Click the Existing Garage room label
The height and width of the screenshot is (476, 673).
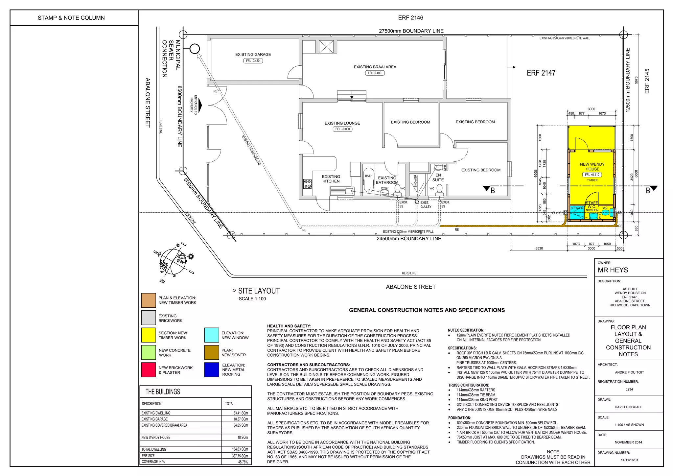[x=253, y=55]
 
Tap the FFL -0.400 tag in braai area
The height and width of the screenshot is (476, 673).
[x=375, y=73]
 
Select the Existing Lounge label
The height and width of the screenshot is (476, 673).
[x=342, y=123]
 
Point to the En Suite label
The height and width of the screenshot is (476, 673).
[x=438, y=178]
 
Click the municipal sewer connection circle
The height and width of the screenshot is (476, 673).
[x=195, y=49]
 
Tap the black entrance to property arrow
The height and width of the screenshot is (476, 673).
[x=200, y=106]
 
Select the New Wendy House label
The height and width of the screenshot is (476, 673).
[x=592, y=167]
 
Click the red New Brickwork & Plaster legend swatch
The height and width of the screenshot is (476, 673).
[x=149, y=370]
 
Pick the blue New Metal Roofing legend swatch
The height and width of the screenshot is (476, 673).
[x=211, y=370]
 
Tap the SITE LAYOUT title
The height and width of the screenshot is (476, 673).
[x=259, y=291]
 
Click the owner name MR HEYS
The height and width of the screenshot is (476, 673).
[x=613, y=270]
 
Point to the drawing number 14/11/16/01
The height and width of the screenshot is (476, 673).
[x=629, y=460]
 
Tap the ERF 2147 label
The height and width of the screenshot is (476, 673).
[x=541, y=73]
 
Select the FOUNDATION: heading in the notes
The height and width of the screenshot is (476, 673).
[x=459, y=418]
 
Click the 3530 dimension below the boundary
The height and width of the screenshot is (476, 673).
[x=539, y=249]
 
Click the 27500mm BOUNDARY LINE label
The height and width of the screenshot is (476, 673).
[x=411, y=31]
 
